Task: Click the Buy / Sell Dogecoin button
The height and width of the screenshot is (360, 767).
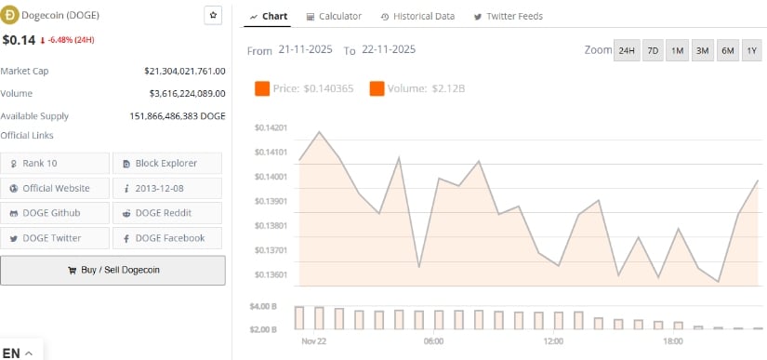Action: click(112, 270)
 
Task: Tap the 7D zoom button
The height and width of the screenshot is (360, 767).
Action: click(653, 50)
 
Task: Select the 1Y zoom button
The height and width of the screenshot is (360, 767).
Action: click(751, 50)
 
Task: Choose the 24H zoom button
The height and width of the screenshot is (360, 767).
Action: click(627, 50)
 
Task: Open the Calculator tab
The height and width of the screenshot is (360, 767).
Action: click(334, 17)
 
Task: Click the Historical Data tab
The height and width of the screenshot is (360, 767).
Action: click(417, 17)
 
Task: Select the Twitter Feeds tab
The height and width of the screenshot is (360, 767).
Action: click(508, 17)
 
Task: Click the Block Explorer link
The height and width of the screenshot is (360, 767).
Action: click(167, 163)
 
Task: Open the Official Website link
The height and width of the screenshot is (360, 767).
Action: click(56, 188)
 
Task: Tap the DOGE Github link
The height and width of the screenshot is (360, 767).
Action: click(56, 213)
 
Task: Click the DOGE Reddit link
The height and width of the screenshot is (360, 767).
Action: click(167, 213)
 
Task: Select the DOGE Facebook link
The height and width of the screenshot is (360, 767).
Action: click(167, 238)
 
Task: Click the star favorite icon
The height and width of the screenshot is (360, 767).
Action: click(213, 16)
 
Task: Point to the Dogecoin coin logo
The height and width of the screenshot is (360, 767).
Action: click(11, 16)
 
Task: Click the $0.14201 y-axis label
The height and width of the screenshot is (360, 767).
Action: click(271, 128)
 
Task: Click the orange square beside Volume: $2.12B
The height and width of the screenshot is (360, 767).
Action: click(377, 88)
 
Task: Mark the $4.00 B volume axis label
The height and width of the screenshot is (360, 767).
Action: click(264, 306)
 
